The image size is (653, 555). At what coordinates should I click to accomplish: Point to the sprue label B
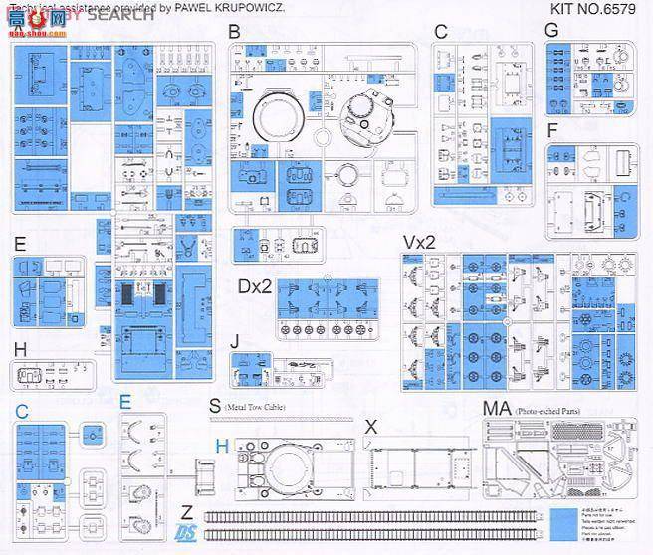click(x=234, y=33)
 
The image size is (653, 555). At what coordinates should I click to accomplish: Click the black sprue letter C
click(x=441, y=32)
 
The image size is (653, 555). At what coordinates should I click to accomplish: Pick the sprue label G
click(x=551, y=30)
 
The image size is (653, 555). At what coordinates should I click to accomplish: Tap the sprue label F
click(x=553, y=130)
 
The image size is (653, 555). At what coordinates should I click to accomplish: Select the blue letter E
click(x=124, y=403)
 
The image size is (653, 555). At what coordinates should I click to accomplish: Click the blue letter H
click(x=222, y=444)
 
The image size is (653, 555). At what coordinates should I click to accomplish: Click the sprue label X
click(x=371, y=425)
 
